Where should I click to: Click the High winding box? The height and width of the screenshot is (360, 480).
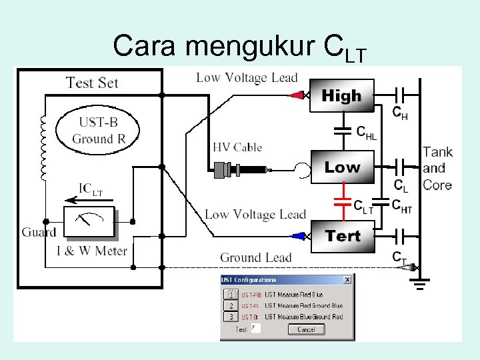[x=341, y=97]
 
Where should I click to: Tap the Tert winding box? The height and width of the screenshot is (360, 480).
[x=343, y=236]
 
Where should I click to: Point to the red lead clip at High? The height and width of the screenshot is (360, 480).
[x=297, y=95]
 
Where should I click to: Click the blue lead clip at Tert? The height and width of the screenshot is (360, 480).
[x=298, y=235]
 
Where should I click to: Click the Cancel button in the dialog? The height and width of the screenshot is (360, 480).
[x=306, y=329]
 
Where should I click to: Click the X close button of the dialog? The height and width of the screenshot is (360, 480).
[x=347, y=280]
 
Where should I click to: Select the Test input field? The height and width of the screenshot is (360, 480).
[x=255, y=329]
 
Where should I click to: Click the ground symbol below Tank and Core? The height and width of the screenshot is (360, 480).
[x=419, y=287]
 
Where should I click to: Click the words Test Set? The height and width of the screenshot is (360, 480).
[x=92, y=83]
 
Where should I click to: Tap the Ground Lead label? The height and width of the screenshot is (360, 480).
[x=255, y=257]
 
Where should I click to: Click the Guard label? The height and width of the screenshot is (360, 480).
[x=39, y=232]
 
